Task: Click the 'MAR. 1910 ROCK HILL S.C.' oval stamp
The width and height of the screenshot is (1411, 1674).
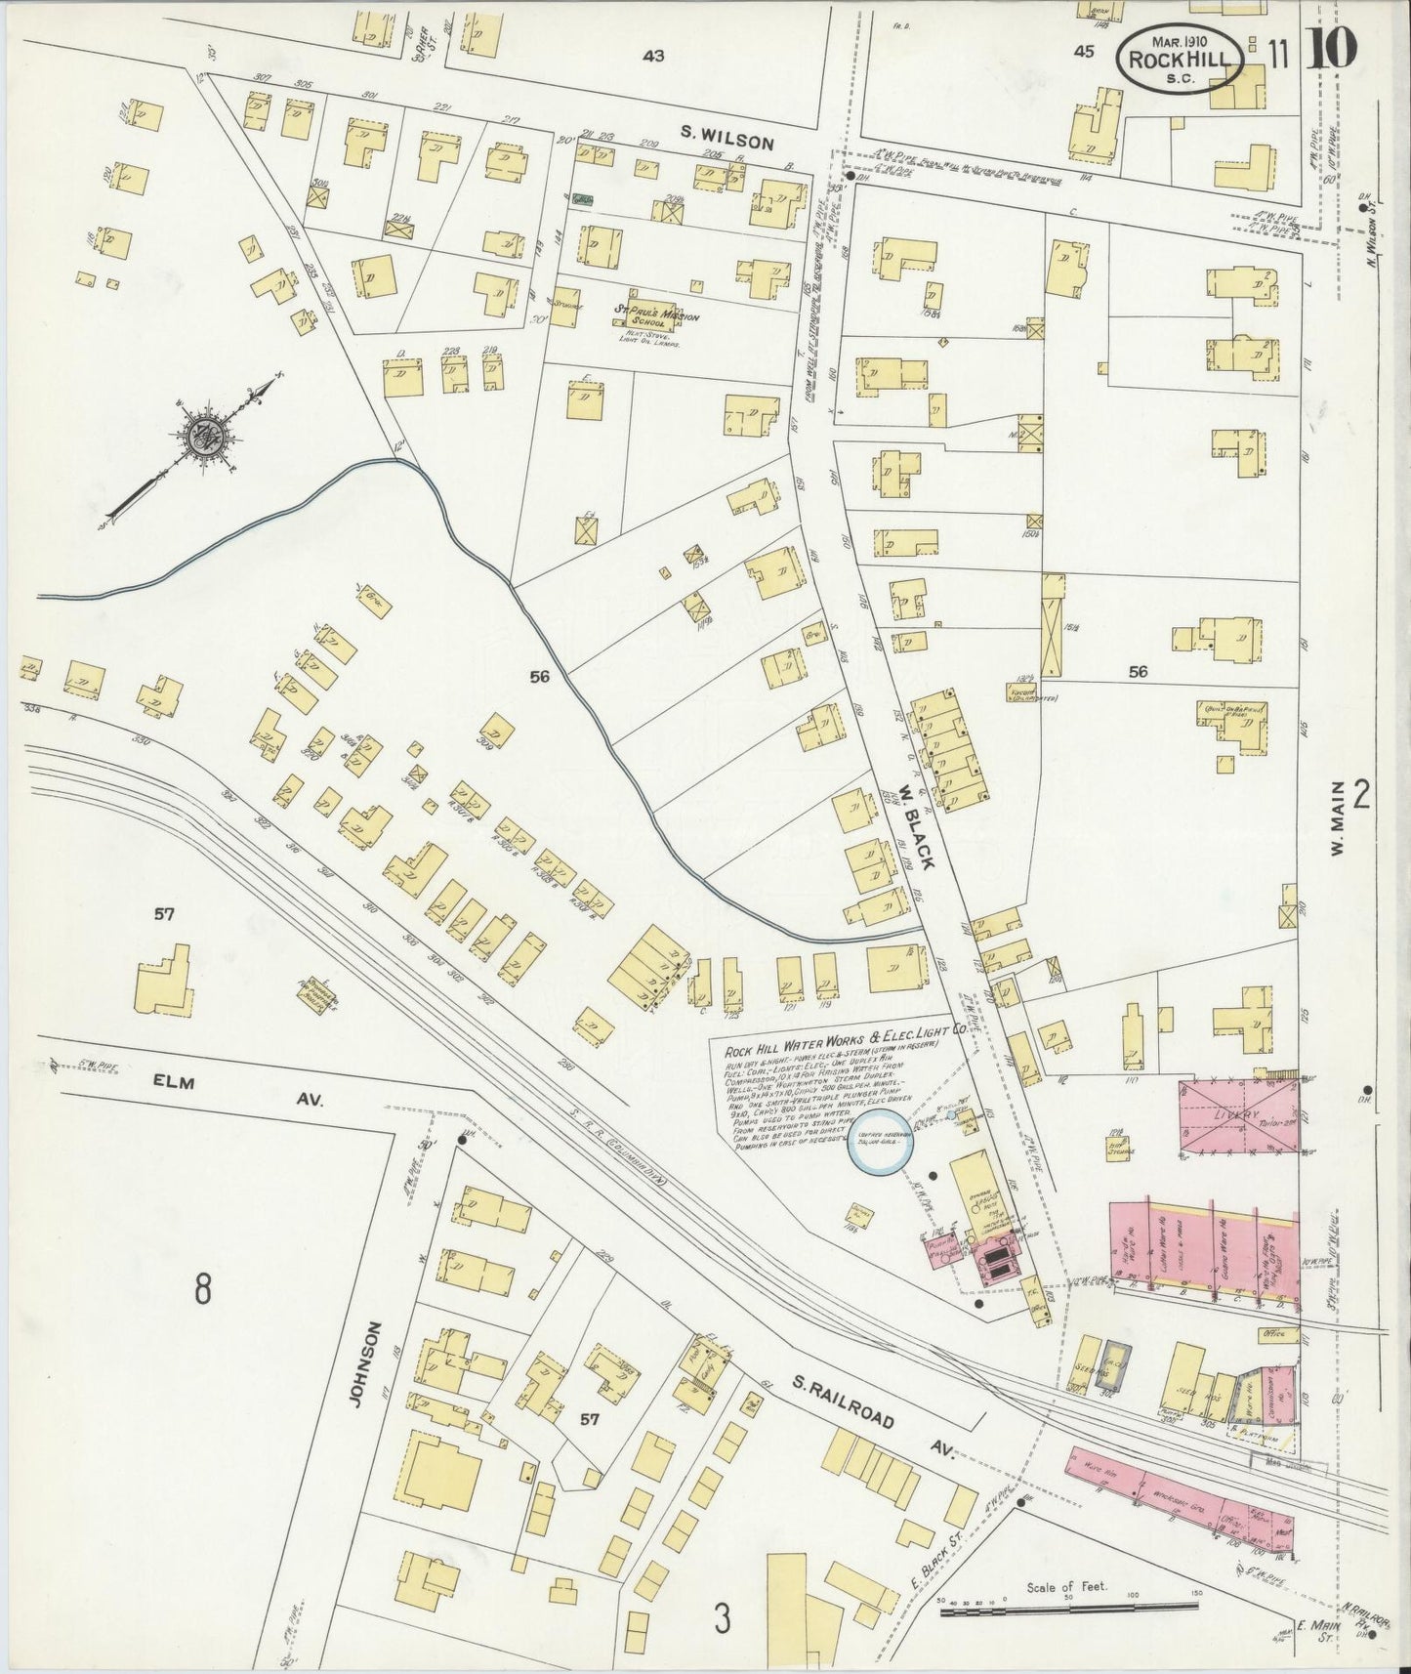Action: tap(1181, 58)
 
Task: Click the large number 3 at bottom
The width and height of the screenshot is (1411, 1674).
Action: tap(722, 1620)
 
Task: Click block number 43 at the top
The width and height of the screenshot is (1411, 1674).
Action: tap(652, 56)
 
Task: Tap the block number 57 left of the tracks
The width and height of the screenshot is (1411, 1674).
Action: tap(163, 914)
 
